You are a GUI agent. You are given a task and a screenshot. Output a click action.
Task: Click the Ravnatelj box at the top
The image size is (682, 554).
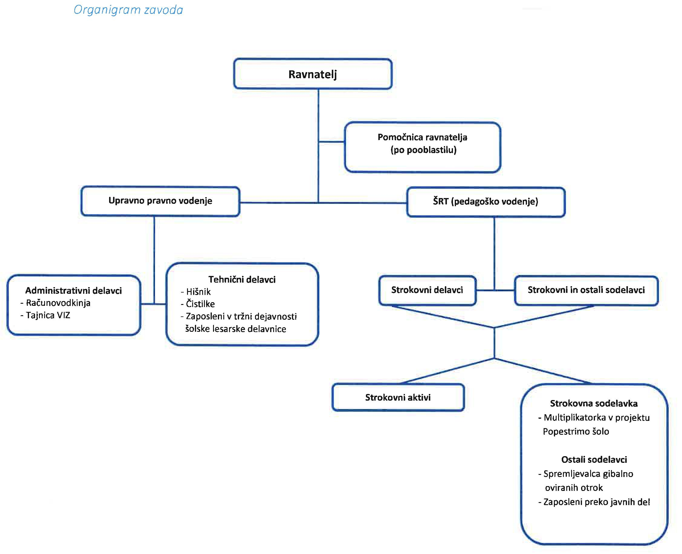tap(313, 74)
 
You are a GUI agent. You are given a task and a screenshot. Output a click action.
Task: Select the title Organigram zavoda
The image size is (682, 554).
tap(128, 10)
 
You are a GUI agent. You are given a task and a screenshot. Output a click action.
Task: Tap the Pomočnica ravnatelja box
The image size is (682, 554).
tap(422, 147)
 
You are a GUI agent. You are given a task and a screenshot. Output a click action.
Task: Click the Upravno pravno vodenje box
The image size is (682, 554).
tap(160, 201)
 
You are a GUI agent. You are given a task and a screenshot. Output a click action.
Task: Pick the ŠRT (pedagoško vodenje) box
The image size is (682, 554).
tap(486, 202)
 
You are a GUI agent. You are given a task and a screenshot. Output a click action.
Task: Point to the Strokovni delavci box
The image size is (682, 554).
tap(427, 290)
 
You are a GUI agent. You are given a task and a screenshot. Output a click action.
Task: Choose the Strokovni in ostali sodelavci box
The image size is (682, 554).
tap(586, 290)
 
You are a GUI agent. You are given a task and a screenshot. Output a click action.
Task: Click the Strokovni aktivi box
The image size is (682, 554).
tap(398, 397)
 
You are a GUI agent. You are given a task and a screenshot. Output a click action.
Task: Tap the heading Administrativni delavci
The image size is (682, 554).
tap(73, 291)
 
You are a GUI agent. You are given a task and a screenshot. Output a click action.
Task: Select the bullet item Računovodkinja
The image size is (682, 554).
tap(55, 303)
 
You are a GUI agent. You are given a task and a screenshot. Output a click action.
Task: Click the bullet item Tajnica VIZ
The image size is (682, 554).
tap(45, 315)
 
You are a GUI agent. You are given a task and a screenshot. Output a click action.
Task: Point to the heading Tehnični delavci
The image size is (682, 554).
tap(242, 280)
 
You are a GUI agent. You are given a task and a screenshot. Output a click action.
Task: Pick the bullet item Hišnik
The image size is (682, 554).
tap(196, 292)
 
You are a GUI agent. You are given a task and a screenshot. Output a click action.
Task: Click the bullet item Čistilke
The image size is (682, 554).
tap(198, 304)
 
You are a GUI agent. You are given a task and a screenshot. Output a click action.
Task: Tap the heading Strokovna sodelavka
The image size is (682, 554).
tap(594, 403)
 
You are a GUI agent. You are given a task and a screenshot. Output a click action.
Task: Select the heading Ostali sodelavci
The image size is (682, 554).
tap(594, 460)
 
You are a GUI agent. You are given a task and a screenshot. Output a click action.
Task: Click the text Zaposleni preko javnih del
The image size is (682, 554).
tap(594, 502)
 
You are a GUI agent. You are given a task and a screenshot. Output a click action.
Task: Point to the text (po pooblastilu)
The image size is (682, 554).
tap(424, 150)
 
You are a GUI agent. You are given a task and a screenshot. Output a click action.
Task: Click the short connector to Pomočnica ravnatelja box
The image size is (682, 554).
tap(331, 142)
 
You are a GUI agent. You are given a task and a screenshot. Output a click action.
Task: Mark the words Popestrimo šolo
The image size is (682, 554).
tap(576, 431)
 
